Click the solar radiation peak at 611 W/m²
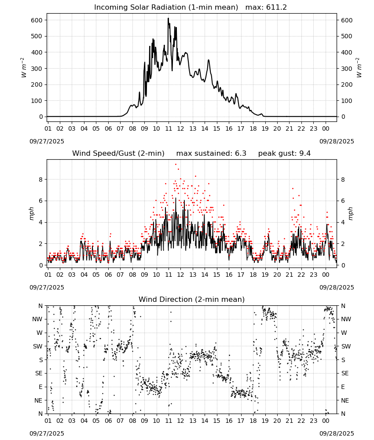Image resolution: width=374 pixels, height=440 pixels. [169, 18]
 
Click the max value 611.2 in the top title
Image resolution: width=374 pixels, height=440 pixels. [276, 7]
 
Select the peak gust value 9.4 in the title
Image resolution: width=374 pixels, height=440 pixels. [305, 154]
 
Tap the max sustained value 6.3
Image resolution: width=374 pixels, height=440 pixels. [240, 154]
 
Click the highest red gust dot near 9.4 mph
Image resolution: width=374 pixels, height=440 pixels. [176, 165]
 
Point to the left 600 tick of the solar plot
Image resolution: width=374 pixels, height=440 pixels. [37, 20]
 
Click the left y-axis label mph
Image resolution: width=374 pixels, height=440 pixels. [31, 213]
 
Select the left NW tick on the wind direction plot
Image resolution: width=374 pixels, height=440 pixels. [37, 319]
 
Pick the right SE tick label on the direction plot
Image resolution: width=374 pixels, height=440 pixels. [345, 374]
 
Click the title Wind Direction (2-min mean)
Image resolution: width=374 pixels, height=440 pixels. [192, 299]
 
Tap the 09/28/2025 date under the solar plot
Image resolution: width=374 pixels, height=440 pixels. [337, 141]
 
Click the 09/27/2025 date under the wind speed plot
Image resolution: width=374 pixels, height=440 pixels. [47, 287]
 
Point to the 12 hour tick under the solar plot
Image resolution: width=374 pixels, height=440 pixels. [180, 129]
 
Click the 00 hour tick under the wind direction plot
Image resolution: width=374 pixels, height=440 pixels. [326, 421]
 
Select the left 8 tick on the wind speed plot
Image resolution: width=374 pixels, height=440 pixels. [41, 180]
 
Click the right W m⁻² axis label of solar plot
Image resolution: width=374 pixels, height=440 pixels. [359, 68]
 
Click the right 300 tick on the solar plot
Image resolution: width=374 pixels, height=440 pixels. [347, 69]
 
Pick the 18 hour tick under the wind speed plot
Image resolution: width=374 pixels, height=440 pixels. [253, 275]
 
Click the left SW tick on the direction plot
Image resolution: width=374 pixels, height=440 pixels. [38, 347]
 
